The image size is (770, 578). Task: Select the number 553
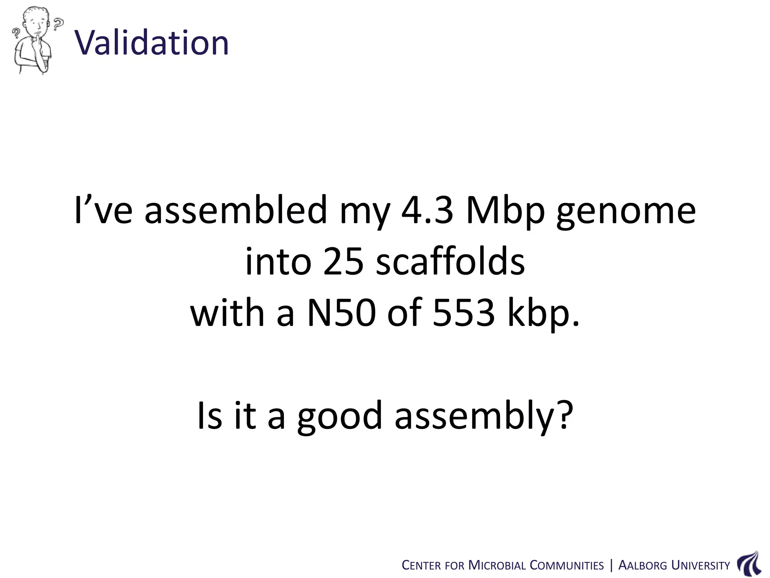(463, 312)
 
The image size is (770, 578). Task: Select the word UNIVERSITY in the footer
(700, 566)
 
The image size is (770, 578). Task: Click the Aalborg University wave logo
(749, 564)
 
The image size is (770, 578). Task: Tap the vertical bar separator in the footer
(611, 566)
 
